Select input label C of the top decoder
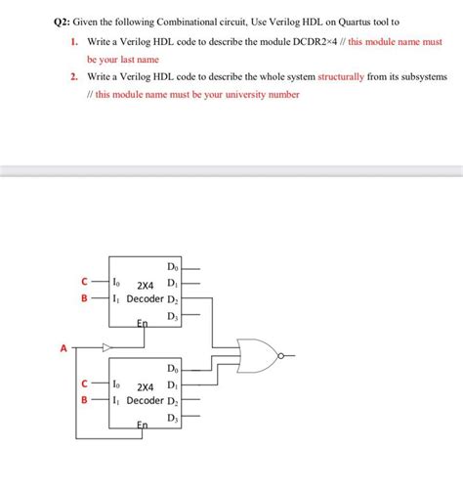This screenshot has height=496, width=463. (x=86, y=283)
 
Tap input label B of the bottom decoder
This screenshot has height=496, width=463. (x=85, y=400)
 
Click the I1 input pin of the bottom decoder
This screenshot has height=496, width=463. (x=117, y=400)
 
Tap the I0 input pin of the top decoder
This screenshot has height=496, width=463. (x=117, y=283)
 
